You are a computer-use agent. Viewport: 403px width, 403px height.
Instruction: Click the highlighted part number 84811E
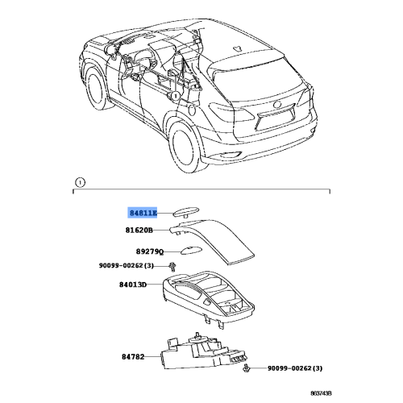click(143, 213)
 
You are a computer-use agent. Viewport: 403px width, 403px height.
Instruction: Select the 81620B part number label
click(139, 231)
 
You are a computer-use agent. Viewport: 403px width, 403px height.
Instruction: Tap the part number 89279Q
click(150, 251)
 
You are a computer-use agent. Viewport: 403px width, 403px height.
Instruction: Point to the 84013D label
click(133, 285)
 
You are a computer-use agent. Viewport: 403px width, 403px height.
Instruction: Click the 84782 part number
click(133, 356)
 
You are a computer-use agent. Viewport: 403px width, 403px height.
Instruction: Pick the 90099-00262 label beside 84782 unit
click(295, 368)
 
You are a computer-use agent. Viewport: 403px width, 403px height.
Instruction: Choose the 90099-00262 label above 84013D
click(127, 265)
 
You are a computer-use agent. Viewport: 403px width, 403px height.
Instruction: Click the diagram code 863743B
click(321, 393)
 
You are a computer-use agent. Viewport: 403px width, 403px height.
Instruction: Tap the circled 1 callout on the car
click(176, 96)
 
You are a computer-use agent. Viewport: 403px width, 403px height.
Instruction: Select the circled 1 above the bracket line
click(80, 183)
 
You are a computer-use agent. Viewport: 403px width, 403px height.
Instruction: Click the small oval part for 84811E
click(186, 211)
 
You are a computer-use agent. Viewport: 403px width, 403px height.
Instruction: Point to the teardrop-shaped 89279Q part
click(190, 250)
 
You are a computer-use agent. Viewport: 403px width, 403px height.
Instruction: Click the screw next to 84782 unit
click(245, 368)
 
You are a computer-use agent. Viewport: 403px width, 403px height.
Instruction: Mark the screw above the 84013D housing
click(172, 266)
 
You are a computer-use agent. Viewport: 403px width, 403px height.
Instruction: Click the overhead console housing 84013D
click(209, 298)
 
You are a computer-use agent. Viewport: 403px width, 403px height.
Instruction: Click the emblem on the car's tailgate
click(277, 105)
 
